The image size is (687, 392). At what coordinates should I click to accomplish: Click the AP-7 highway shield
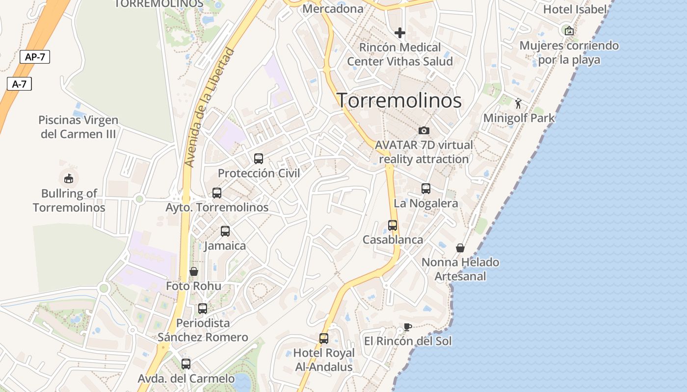pos(35,57)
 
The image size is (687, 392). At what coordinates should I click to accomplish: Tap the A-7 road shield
pos(19,84)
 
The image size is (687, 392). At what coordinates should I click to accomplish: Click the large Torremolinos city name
pos(399,100)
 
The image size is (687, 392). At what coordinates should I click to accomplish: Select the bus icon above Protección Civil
pos(259,158)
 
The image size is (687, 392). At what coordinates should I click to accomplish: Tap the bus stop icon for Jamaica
pos(225,231)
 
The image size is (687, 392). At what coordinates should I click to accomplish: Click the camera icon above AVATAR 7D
pos(424,130)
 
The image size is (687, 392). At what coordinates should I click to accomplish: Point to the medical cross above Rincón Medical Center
pos(400,33)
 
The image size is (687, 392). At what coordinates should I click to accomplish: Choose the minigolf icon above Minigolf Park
pos(519,103)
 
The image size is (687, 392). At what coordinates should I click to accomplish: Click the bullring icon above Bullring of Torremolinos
pos(69,178)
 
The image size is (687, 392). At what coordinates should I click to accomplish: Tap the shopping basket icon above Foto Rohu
pos(194,271)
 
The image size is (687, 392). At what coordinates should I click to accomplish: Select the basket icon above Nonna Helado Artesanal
pos(460,248)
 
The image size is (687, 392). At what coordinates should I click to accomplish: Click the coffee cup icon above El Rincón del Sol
pos(407,327)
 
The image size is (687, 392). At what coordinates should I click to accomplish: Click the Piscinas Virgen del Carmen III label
pos(79,127)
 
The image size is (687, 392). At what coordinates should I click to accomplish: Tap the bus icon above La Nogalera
pos(426,189)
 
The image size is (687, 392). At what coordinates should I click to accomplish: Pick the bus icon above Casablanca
pos(393,225)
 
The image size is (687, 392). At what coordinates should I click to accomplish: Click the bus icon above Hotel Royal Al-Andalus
pos(324,338)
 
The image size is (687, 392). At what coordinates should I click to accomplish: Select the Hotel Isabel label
pos(575,9)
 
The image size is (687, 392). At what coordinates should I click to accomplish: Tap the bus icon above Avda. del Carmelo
pos(186,364)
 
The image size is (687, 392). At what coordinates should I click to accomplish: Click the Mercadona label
pos(333,8)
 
